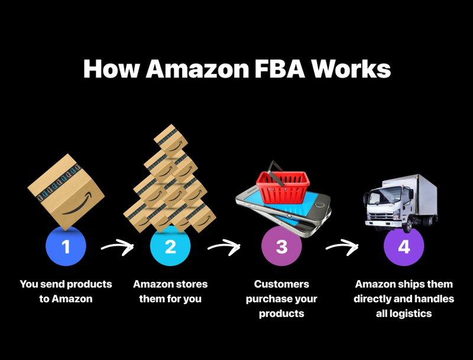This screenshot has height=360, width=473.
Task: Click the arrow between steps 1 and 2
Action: point(117,247)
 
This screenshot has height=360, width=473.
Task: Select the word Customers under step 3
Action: point(281,284)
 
